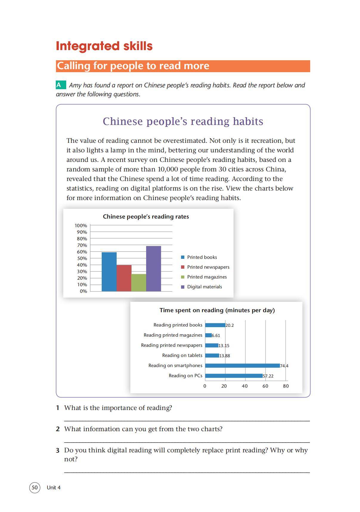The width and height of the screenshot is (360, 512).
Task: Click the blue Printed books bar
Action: (109, 272)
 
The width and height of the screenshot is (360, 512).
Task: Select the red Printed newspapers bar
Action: (124, 278)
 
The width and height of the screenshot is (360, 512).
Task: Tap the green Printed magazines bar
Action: (139, 282)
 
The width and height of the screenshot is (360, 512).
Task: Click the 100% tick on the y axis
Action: (81, 226)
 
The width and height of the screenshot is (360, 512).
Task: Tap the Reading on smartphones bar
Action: (242, 366)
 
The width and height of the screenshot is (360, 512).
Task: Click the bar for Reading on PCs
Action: (234, 376)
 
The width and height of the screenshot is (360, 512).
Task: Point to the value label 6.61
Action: (216, 335)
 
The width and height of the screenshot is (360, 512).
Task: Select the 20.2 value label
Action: (230, 325)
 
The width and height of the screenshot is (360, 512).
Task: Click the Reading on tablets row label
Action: (182, 355)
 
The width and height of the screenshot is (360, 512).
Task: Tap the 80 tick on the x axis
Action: (286, 386)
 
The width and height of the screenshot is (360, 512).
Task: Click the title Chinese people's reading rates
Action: (146, 217)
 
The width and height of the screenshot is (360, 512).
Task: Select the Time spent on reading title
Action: (217, 310)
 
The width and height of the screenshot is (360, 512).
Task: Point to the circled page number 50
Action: (35, 488)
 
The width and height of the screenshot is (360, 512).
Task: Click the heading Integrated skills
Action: (104, 46)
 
